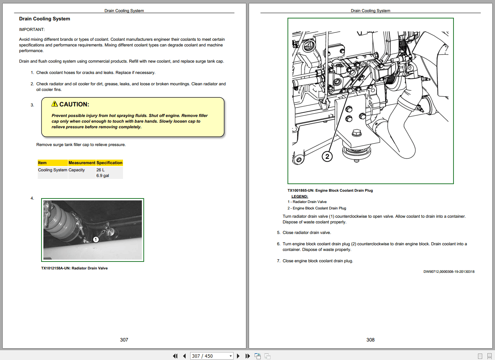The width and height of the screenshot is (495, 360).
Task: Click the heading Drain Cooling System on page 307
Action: click(45, 19)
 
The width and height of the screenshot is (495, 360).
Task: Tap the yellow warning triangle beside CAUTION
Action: click(55, 104)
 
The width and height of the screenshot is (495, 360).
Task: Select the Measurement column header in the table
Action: click(81, 163)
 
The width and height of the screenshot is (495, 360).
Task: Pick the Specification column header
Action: click(109, 163)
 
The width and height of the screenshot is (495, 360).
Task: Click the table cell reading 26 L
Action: click(100, 170)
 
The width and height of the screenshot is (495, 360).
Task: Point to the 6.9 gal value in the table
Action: click(103, 176)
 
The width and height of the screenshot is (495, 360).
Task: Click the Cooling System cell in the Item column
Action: click(52, 170)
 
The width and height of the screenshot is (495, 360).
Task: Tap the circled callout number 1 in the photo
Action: click(96, 240)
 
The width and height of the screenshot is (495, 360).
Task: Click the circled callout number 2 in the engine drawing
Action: click(327, 156)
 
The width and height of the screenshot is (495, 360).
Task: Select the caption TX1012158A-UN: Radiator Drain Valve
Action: click(74, 268)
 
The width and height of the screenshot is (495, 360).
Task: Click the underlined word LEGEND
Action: click(300, 197)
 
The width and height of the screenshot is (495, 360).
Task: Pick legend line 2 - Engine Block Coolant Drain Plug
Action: click(317, 208)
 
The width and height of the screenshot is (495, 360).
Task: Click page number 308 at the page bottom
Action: click(370, 340)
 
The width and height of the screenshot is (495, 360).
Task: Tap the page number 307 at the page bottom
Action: click(124, 340)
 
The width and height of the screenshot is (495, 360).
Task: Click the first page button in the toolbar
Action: click(175, 356)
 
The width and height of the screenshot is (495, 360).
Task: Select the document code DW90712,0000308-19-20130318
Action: click(449, 272)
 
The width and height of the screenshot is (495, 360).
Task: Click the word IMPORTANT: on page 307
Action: click(32, 29)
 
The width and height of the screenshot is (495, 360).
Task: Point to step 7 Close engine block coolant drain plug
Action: click(318, 261)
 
